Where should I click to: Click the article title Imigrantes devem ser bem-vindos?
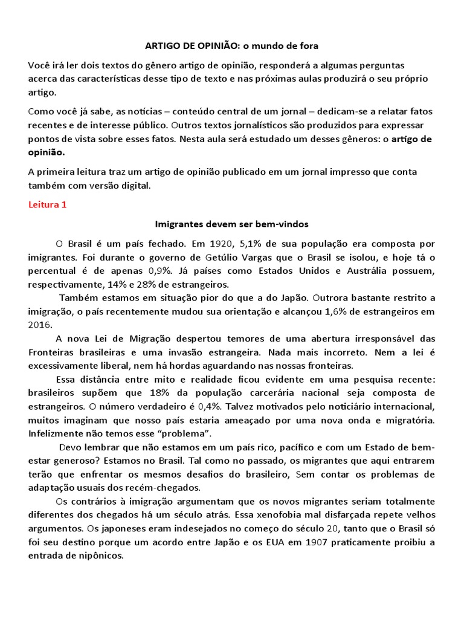(232, 224)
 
